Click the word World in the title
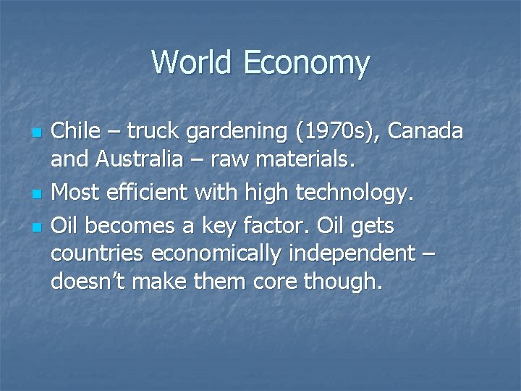190,62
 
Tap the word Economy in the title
306,64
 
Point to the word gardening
227,133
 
